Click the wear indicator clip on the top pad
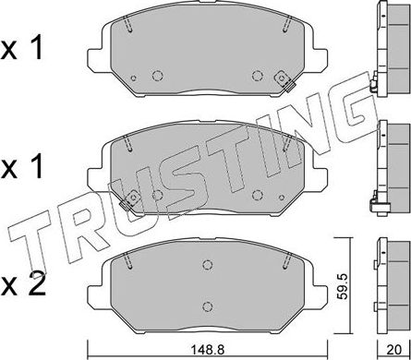(288, 89)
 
